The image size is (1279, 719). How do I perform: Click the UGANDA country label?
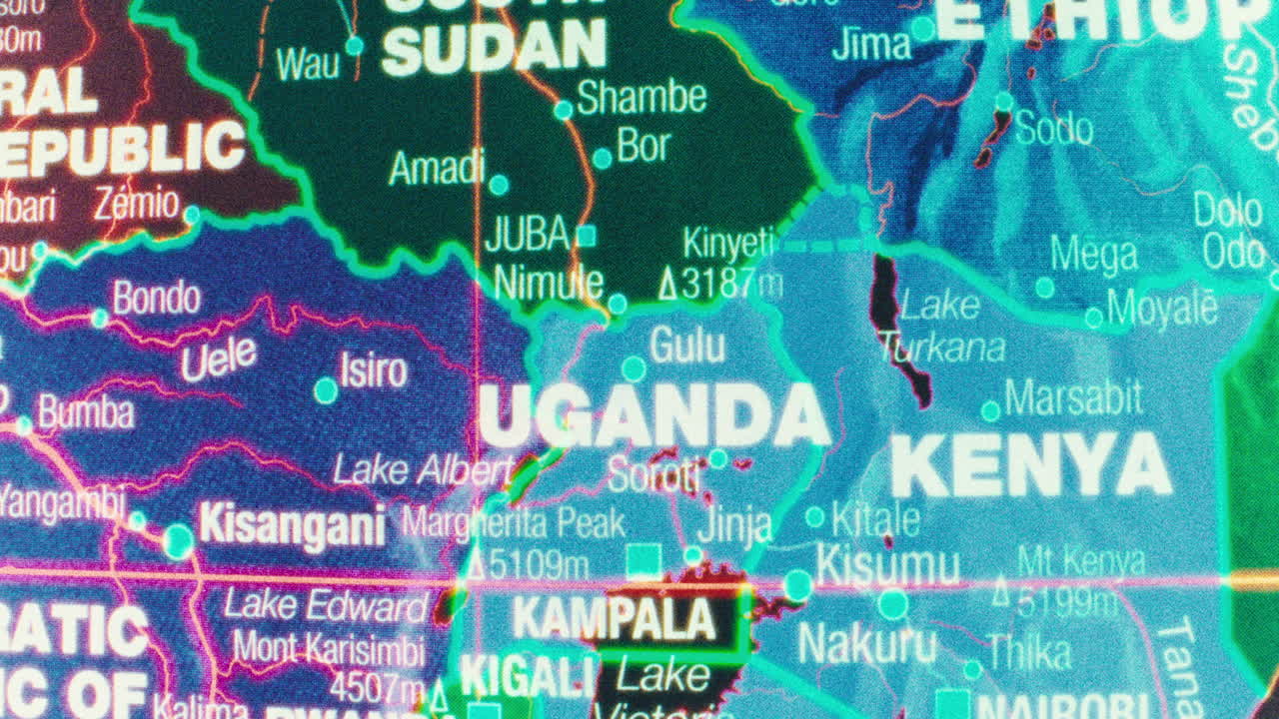(653, 415)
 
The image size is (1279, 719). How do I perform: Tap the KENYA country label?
(1029, 466)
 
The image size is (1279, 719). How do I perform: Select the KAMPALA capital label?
(615, 619)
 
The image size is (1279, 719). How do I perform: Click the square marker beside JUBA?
(587, 236)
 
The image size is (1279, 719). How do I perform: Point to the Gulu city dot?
(634, 369)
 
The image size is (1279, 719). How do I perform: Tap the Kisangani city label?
(292, 525)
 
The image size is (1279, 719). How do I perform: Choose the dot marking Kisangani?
(179, 541)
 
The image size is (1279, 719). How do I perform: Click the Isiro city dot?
(326, 389)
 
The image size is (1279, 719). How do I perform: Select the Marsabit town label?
(1072, 398)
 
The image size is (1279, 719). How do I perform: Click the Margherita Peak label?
(514, 523)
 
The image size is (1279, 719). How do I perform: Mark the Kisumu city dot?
(797, 584)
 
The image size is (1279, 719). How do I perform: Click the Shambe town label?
(641, 98)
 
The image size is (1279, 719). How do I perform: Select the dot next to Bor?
(602, 158)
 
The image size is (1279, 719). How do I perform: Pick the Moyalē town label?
(1162, 310)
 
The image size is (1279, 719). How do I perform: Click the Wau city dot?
(354, 45)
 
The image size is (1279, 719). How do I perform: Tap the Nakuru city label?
(866, 644)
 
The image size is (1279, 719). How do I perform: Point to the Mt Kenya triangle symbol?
(1000, 595)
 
